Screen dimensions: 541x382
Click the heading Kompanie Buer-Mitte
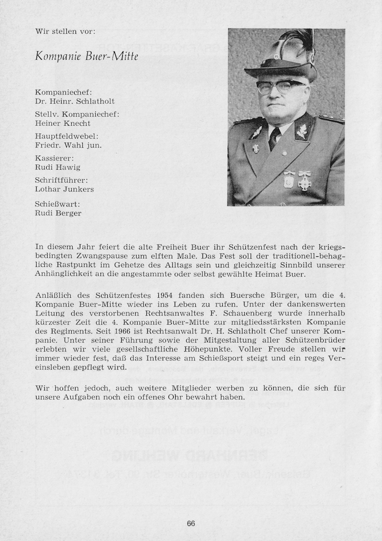87,56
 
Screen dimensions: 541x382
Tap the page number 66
191,524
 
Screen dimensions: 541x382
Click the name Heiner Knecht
63,123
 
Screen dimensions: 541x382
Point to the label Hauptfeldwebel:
66,136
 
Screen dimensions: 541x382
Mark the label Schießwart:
57,204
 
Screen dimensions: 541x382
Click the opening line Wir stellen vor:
65,31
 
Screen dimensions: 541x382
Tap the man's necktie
274,138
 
